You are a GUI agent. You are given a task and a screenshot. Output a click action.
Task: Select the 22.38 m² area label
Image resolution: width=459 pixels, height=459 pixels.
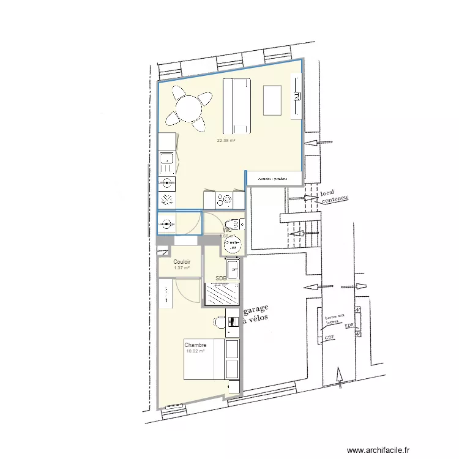pos(226,140)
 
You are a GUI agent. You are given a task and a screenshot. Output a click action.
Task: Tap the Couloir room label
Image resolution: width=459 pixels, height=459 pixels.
pos(182,262)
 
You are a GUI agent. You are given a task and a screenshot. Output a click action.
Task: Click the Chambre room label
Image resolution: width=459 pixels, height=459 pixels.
pos(195,345)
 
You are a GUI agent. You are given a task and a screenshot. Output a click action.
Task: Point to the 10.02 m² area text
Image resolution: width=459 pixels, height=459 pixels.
pos(195,351)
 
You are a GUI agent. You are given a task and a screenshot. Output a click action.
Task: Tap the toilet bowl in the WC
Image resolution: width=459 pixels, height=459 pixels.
pos(232,245)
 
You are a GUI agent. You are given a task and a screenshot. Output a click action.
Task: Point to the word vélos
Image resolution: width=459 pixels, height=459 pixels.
pos(258,322)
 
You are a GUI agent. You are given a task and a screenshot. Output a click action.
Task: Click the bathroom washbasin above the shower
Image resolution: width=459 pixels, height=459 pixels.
pos(232,267)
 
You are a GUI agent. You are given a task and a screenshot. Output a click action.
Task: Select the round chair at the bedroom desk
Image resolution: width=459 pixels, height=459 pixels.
pos(219,321)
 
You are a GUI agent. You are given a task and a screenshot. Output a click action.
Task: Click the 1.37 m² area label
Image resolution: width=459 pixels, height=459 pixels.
pos(182,268)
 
